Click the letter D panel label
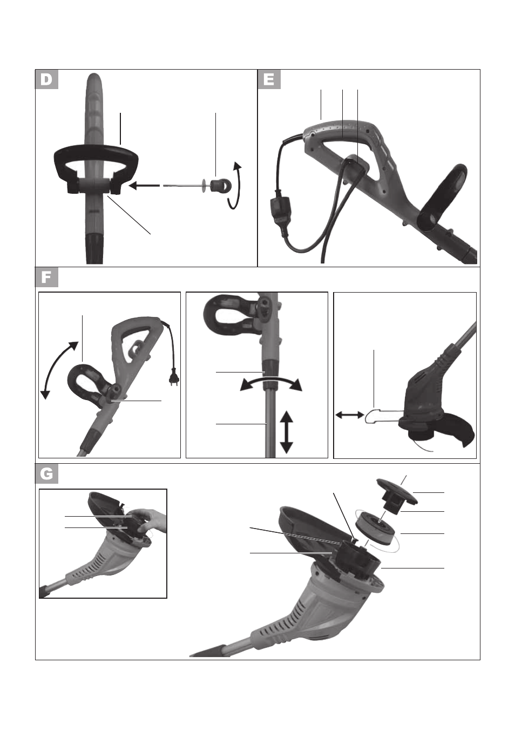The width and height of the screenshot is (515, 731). click(x=46, y=79)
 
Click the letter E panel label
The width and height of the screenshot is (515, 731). click(x=269, y=79)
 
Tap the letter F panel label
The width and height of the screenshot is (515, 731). click(x=46, y=277)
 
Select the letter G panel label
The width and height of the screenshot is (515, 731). click(x=46, y=473)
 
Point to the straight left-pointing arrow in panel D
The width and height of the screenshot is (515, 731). click(x=144, y=186)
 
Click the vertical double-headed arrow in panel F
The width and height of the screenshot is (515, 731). click(x=286, y=432)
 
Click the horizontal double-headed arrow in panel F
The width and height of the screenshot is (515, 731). click(x=349, y=415)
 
